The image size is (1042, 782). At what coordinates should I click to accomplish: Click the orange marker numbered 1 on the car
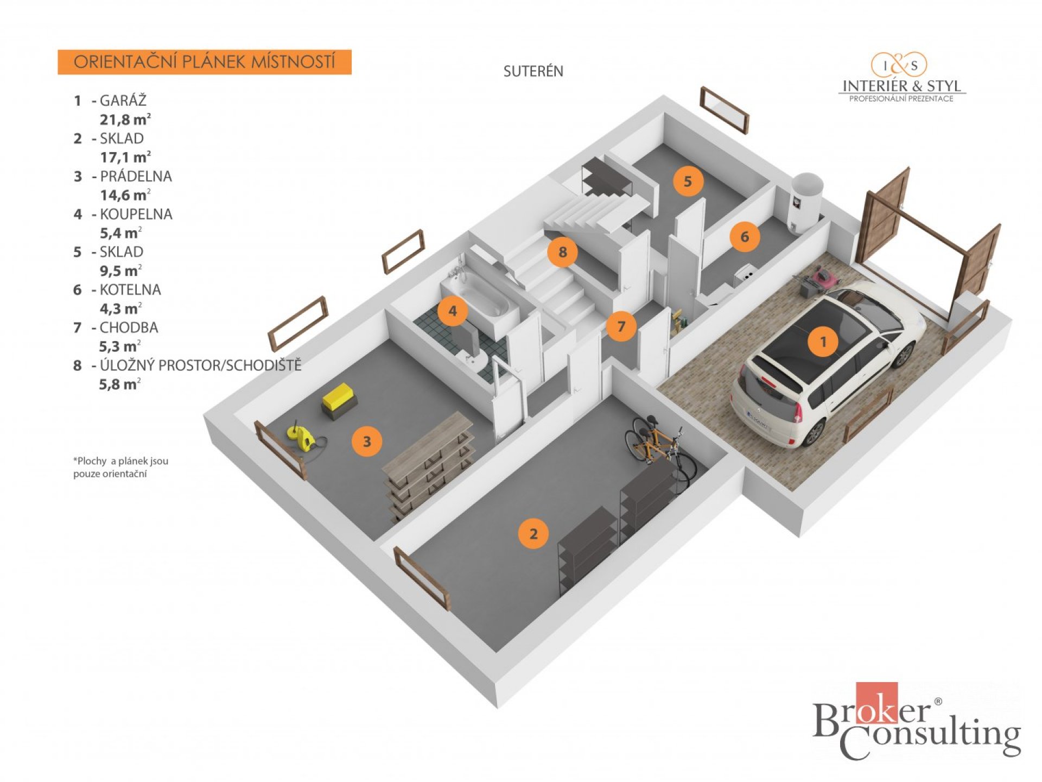pos(823,342)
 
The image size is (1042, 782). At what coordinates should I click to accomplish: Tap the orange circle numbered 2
pos(533,533)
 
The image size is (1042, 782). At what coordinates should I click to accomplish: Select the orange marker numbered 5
pos(688,181)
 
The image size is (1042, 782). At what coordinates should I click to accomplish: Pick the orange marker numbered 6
pos(745,236)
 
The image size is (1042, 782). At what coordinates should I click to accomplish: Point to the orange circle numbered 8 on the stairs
pos(562,251)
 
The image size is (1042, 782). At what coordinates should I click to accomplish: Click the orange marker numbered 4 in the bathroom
pos(453,311)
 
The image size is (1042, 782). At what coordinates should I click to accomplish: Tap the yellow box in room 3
pos(338,398)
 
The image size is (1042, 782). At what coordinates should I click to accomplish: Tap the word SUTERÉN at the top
pos(533,71)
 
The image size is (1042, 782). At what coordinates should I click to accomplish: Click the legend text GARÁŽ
pos(123,100)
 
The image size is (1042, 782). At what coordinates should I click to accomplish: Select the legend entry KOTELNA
pos(130,289)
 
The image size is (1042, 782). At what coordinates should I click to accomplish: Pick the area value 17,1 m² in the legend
pos(125,157)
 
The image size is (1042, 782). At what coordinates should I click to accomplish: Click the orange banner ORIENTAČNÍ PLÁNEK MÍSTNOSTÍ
pos(205,62)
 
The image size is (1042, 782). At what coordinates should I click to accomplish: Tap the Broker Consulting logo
pos(916,722)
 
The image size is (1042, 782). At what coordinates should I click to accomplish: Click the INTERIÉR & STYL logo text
pos(901,86)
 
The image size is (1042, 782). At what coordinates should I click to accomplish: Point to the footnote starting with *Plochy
pos(120,467)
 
